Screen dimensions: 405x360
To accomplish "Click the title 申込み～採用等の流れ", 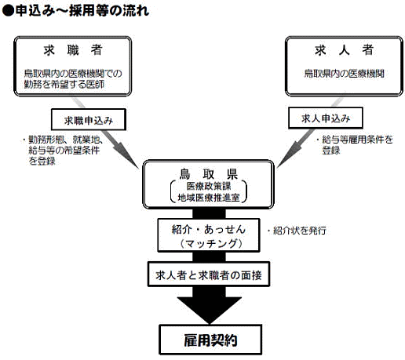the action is pyautogui.click(x=82, y=11).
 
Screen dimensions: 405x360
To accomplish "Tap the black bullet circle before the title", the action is pyautogui.click(x=8, y=11).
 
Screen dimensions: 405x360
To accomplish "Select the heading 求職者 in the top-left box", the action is pyautogui.click(x=73, y=49).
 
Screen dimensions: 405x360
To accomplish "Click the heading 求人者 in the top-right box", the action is pyautogui.click(x=344, y=49).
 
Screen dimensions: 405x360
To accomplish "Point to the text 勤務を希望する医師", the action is pyautogui.click(x=64, y=84).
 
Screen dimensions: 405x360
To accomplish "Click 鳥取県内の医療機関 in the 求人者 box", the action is pyautogui.click(x=344, y=74).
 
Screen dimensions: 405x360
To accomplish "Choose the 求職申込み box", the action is pyautogui.click(x=89, y=120).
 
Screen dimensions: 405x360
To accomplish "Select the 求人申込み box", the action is pyautogui.click(x=326, y=118).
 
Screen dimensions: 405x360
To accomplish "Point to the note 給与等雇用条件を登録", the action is pyautogui.click(x=356, y=144).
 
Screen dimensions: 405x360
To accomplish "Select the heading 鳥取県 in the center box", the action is pyautogui.click(x=208, y=173).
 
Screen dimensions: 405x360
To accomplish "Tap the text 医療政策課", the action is pyautogui.click(x=209, y=186).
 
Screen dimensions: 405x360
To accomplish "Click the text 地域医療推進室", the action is pyautogui.click(x=209, y=198).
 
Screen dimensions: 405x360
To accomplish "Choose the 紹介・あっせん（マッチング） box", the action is pyautogui.click(x=209, y=235).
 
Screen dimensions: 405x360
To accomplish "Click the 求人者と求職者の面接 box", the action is pyautogui.click(x=209, y=275).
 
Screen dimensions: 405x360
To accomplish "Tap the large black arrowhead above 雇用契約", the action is pyautogui.click(x=210, y=311).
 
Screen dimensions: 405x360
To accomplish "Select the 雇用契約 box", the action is pyautogui.click(x=210, y=340).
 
